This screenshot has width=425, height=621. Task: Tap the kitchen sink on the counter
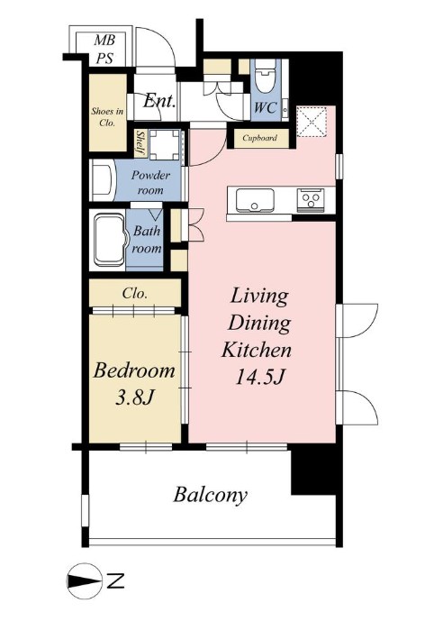tap(255, 200)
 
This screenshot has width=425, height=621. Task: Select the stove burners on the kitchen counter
tap(311, 198)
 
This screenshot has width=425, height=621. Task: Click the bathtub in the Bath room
tap(110, 239)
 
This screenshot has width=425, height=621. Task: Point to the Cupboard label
tap(259, 138)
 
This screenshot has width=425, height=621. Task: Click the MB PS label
tap(104, 49)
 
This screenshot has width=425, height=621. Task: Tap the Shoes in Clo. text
tap(107, 117)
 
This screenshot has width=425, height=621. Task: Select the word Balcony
tap(211, 495)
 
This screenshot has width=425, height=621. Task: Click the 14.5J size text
tap(259, 377)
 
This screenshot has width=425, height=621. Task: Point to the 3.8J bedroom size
tap(134, 397)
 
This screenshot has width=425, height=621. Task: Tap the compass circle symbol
tap(84, 581)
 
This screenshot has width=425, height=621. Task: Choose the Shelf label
tap(140, 142)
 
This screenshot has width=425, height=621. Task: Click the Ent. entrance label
tap(159, 101)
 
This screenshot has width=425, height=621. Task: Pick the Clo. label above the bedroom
tap(134, 294)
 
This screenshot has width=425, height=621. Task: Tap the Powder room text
tap(150, 182)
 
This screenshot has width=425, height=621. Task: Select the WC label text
tap(265, 107)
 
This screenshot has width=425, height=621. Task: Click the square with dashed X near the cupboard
tap(311, 121)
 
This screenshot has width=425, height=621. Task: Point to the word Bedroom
tap(134, 371)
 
